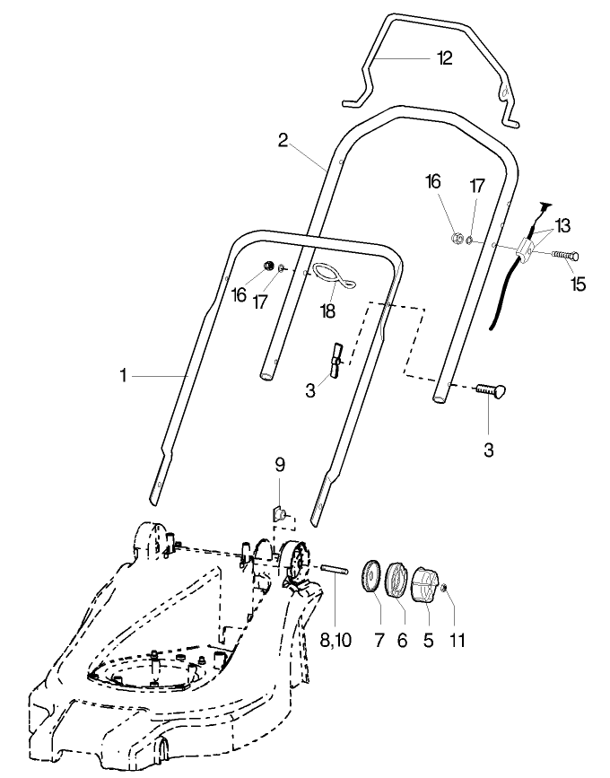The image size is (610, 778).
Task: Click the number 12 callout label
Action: pos(444,59)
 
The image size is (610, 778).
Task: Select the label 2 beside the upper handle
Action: pos(283,140)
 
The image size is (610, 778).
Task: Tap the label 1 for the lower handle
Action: pos(123,377)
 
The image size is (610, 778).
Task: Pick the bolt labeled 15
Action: pos(562,256)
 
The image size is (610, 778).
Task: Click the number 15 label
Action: pos(578,284)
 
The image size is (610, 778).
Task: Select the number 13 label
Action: pos(562,224)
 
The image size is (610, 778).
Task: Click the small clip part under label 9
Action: pos(279,515)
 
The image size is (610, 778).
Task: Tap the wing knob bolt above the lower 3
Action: pos(488,389)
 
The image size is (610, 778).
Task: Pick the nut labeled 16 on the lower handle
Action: pos(267,266)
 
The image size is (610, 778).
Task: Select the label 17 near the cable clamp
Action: pos(477,186)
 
